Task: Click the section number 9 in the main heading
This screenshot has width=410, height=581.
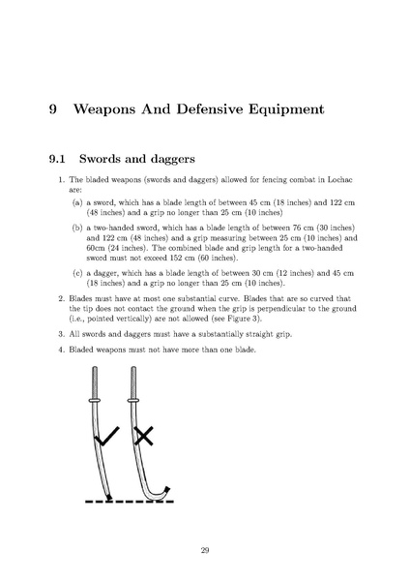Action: click(x=53, y=109)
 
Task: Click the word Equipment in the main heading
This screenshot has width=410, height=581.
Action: click(x=286, y=110)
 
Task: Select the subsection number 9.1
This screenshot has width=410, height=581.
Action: click(x=57, y=159)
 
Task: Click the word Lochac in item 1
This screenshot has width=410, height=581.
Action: click(x=340, y=180)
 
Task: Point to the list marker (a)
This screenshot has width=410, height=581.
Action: click(x=77, y=202)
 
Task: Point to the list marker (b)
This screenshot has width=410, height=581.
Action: click(x=77, y=228)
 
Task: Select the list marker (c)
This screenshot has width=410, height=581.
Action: click(x=77, y=273)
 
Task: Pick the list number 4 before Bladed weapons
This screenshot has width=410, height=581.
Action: click(x=61, y=350)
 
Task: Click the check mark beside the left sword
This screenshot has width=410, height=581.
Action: click(x=106, y=436)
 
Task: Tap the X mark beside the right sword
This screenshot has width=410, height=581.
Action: click(x=143, y=436)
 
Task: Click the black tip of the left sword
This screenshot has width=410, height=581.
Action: click(x=109, y=497)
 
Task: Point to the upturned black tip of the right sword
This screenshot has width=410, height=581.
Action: click(x=167, y=490)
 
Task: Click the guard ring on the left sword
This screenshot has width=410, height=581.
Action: click(x=95, y=400)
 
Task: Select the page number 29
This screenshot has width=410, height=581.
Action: click(x=205, y=550)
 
